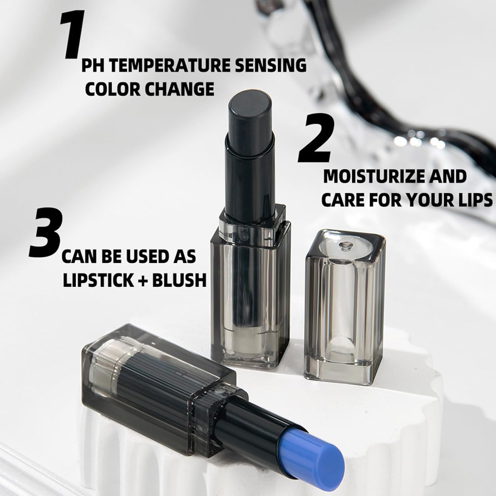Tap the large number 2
(314, 139)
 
